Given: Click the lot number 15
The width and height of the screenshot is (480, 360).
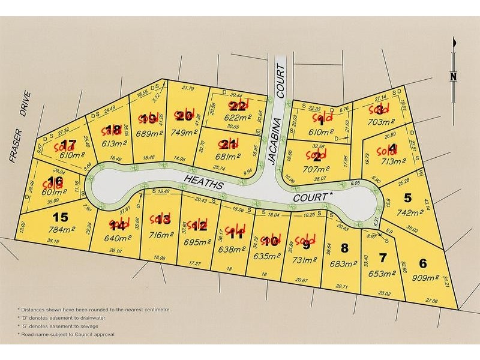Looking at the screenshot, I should pyautogui.click(x=61, y=217).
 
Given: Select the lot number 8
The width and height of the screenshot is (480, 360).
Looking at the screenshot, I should pyautogui.click(x=344, y=247).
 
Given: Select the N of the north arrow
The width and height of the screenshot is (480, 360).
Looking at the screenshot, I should pyautogui.click(x=454, y=76).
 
